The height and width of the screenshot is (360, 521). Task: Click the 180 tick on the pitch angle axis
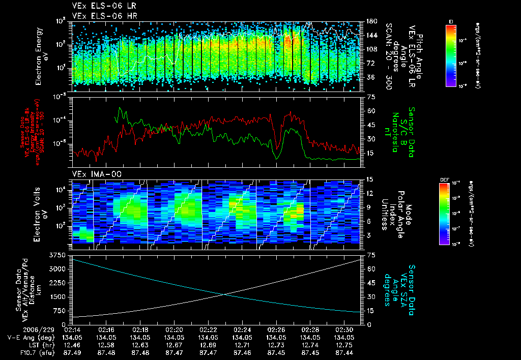point(372,21)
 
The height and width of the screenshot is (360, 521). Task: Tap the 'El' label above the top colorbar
point(451,21)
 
